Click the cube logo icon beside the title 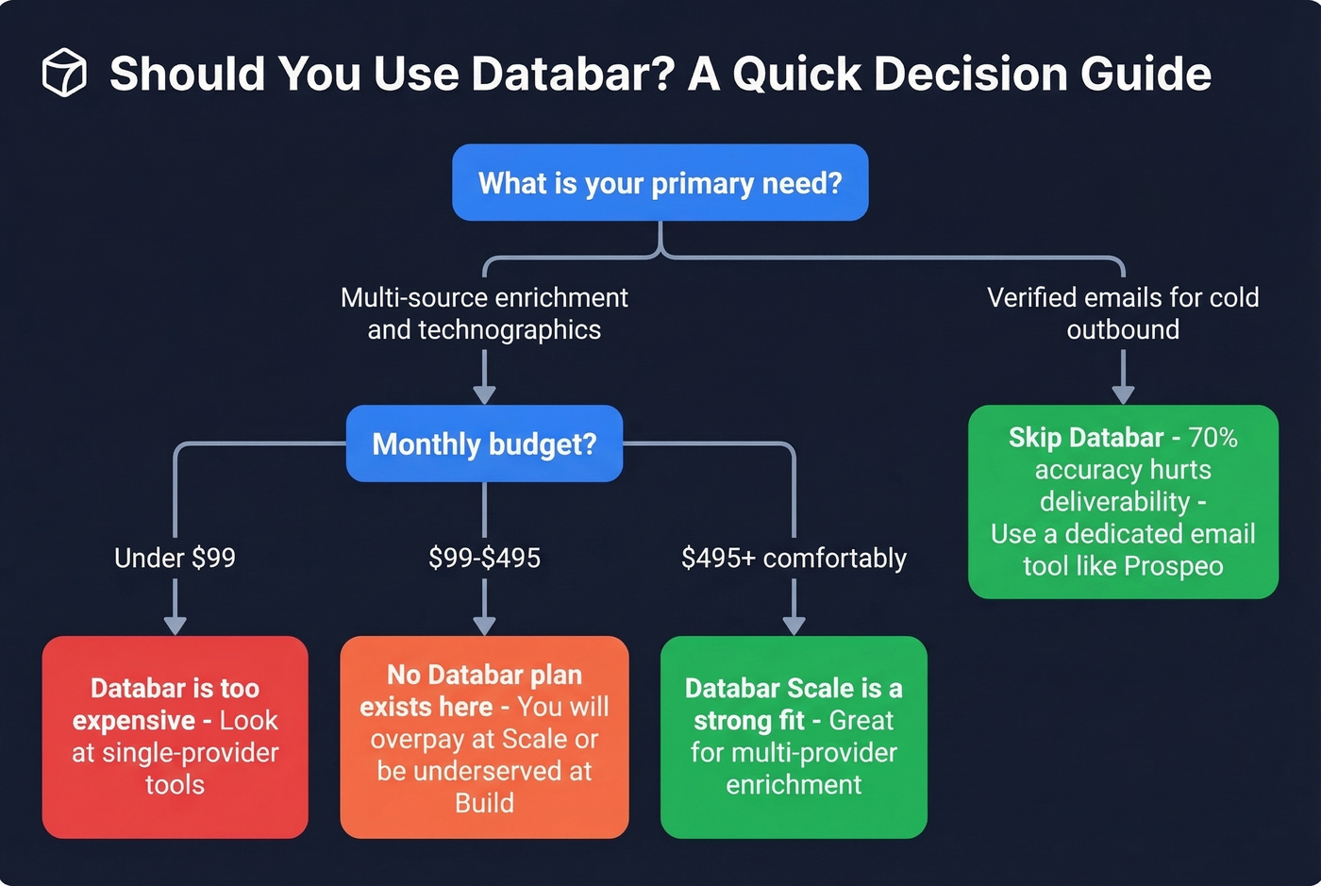(x=64, y=73)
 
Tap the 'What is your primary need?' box (x=660, y=182)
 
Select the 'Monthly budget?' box (x=484, y=443)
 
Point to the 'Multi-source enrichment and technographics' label (x=484, y=313)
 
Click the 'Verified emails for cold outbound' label (x=1123, y=313)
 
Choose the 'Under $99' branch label (x=175, y=558)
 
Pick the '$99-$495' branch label (x=484, y=558)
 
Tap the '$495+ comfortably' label (x=794, y=558)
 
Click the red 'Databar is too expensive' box (x=175, y=736)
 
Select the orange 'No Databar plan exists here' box (x=484, y=737)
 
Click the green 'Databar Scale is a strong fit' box (x=794, y=736)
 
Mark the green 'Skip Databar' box (x=1123, y=501)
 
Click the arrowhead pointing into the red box (x=175, y=625)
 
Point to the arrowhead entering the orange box (x=484, y=625)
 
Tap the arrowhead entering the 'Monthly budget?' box (x=484, y=393)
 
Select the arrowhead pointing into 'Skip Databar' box (x=1123, y=393)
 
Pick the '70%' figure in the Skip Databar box (x=1212, y=438)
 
